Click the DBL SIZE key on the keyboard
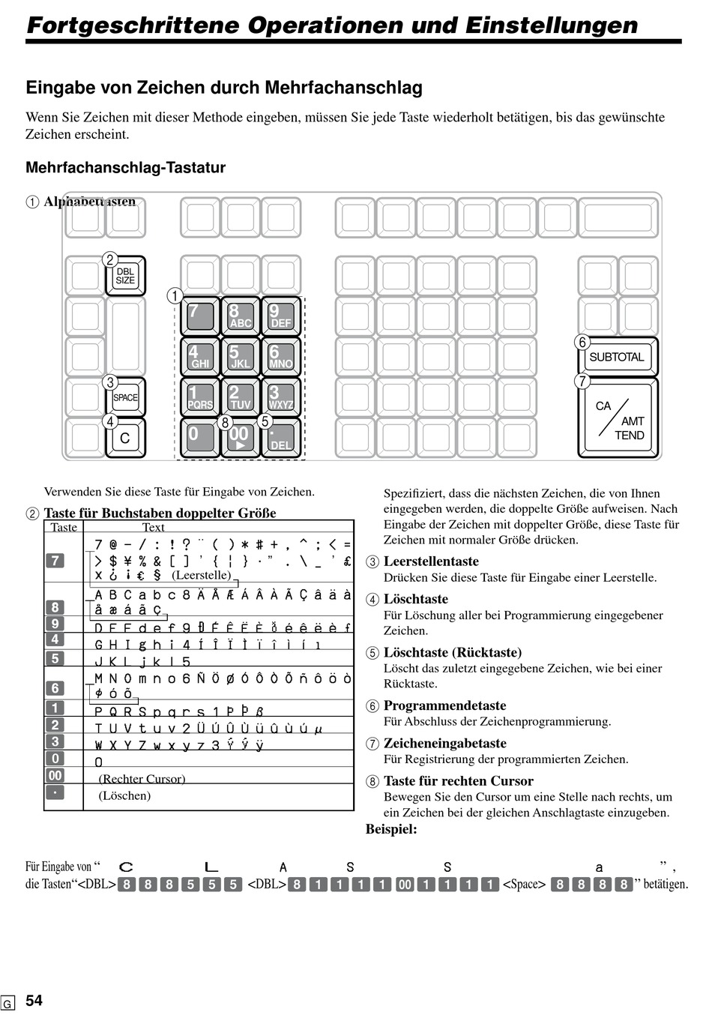[x=125, y=276]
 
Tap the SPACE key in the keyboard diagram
[x=125, y=398]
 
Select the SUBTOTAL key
[x=617, y=357]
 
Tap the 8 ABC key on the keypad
[x=240, y=316]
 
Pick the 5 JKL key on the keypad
[x=240, y=357]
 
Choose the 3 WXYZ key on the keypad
[x=280, y=397]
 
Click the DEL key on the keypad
[x=280, y=438]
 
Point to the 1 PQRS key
[x=199, y=397]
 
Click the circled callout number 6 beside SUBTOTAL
[x=582, y=343]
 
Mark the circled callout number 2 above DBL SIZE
[x=109, y=260]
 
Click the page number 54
[x=34, y=1001]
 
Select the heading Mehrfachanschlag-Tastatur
[x=125, y=168]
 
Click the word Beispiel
[x=391, y=829]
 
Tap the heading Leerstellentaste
[x=431, y=561]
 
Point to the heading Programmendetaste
[x=444, y=705]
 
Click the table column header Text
[x=153, y=527]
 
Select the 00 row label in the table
[x=55, y=775]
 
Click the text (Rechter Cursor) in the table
[x=142, y=779]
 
